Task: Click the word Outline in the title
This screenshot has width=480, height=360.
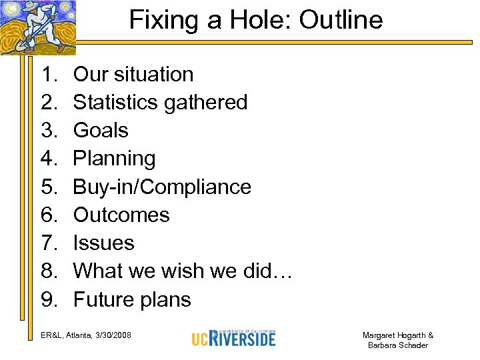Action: [x=341, y=20]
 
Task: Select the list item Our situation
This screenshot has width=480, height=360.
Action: [x=133, y=74]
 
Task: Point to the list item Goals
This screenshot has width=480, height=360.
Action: [x=101, y=130]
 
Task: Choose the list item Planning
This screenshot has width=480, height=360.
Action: [x=114, y=159]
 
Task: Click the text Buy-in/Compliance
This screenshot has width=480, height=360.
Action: [x=162, y=187]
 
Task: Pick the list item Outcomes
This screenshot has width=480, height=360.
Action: [x=121, y=215]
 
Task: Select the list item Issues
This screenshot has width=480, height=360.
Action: [x=103, y=243]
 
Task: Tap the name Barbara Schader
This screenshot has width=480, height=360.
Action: [x=397, y=345]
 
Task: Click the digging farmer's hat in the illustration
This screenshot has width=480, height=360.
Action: [x=30, y=6]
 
